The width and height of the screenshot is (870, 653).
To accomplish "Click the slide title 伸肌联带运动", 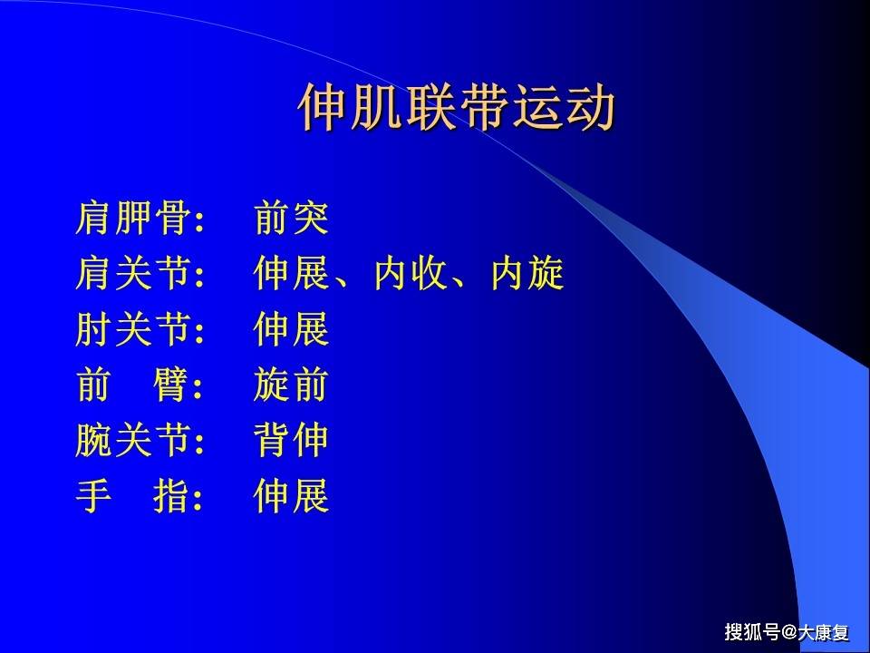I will pyautogui.click(x=457, y=109).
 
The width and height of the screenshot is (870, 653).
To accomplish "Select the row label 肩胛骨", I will pyautogui.click(x=132, y=219).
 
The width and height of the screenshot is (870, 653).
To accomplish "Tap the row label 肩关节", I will pyautogui.click(x=132, y=274).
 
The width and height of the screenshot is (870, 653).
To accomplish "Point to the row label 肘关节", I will pyautogui.click(x=132, y=330).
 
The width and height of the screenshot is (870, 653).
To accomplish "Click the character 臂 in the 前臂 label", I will pyautogui.click(x=170, y=386).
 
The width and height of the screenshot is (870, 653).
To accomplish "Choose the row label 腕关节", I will pyautogui.click(x=132, y=442).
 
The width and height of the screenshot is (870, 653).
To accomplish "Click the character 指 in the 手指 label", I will pyautogui.click(x=170, y=497).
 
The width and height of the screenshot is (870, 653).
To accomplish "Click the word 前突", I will pyautogui.click(x=292, y=219).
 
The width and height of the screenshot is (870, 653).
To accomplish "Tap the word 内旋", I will pyautogui.click(x=527, y=274).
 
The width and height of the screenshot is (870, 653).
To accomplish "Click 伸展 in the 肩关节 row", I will pyautogui.click(x=292, y=274).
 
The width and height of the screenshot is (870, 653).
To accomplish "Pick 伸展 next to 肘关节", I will pyautogui.click(x=292, y=330).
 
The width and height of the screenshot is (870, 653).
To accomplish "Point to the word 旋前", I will pyautogui.click(x=292, y=386).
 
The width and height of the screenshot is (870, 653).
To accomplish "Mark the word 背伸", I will pyautogui.click(x=292, y=442).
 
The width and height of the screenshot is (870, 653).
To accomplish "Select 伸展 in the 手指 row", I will pyautogui.click(x=292, y=497).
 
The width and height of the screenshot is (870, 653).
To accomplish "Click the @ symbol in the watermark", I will pyautogui.click(x=789, y=632).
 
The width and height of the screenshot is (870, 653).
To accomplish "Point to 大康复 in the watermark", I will pyautogui.click(x=824, y=632).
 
